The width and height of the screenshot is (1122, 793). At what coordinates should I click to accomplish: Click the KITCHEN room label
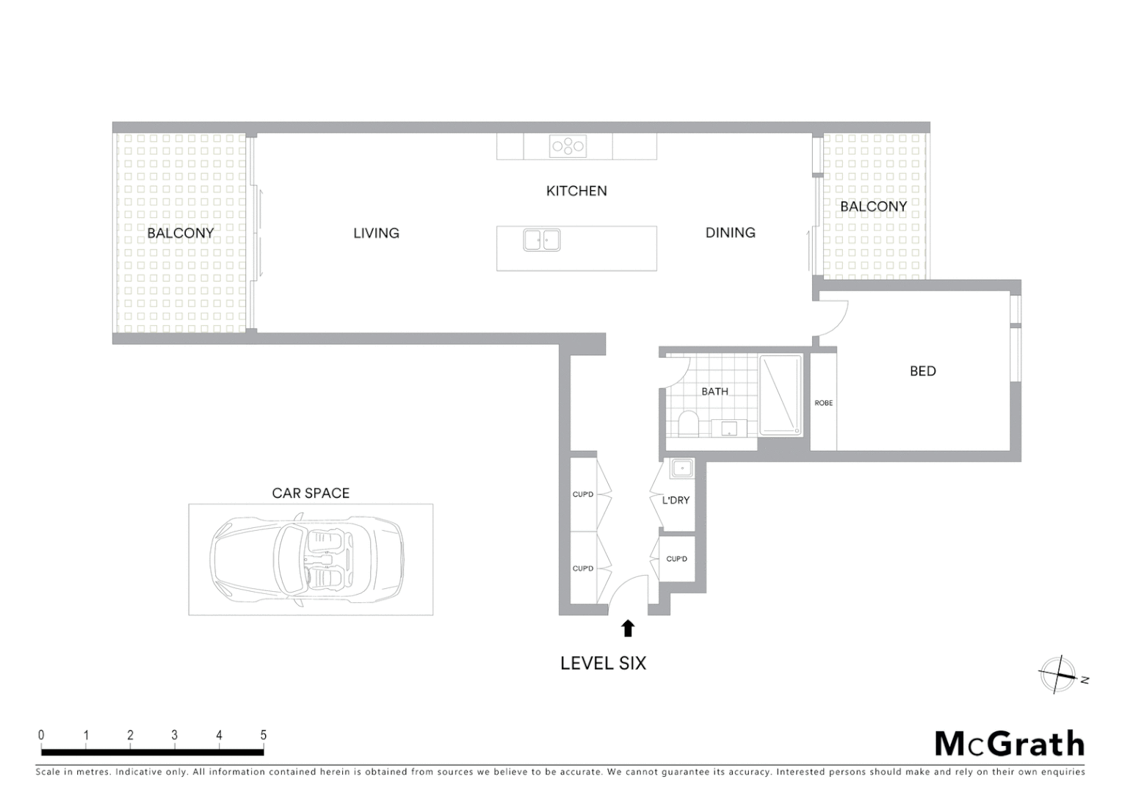(x=576, y=191)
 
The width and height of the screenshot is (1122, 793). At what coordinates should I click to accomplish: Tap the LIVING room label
(x=376, y=233)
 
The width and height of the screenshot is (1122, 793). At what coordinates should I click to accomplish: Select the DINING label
(x=730, y=233)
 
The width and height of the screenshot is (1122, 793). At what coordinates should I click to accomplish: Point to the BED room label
(x=922, y=371)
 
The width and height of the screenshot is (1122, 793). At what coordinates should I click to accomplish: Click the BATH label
(x=714, y=391)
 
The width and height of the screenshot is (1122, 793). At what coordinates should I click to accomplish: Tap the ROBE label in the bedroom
(x=823, y=403)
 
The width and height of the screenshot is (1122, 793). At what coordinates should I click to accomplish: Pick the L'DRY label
(x=676, y=500)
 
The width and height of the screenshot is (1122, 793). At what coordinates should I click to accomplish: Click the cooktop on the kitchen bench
(x=568, y=146)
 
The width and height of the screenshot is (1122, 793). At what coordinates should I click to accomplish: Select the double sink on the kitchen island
(x=542, y=240)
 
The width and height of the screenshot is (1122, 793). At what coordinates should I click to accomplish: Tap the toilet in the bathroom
(x=688, y=424)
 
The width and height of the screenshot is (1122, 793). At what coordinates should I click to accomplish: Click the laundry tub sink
(x=682, y=468)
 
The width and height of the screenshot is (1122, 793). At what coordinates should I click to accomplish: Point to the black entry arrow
(x=628, y=628)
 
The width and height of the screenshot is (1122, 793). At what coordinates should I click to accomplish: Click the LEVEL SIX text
(x=603, y=663)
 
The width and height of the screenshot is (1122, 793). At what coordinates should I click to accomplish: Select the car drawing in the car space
(x=307, y=560)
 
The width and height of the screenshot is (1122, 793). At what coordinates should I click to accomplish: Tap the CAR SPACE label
(x=311, y=493)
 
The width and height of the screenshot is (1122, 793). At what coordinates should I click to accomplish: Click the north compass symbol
(x=1058, y=675)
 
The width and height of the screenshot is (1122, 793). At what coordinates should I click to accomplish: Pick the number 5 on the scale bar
(x=263, y=735)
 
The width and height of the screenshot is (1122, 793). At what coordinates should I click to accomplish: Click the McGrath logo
(x=1009, y=744)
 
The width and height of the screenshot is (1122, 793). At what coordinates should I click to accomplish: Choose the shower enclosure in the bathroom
(x=781, y=395)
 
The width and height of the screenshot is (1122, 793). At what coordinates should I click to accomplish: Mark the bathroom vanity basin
(x=728, y=428)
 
